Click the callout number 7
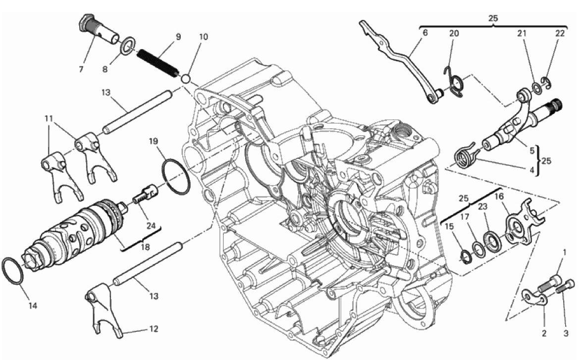[x=82, y=69]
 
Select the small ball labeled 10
[x=186, y=79]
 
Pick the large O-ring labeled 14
[x=13, y=271]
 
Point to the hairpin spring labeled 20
[x=454, y=82]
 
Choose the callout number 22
[x=560, y=33]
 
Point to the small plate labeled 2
[x=536, y=298]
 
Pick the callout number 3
[x=566, y=333]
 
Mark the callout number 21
[x=522, y=33]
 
